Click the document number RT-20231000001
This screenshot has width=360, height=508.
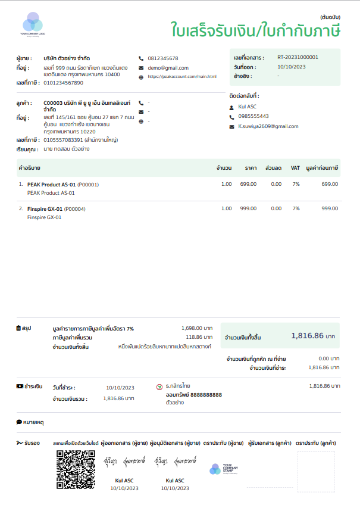[x=298, y=57]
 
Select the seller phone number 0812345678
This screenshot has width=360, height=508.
[x=163, y=58]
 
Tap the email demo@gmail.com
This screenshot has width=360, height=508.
[x=168, y=68]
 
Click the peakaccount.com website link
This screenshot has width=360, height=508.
[x=181, y=77]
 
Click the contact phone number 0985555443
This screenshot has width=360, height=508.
[x=253, y=116]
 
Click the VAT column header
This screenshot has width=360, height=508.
[x=295, y=168]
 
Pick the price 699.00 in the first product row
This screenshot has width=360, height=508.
[x=248, y=185]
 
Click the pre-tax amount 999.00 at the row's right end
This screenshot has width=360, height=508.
[x=330, y=209]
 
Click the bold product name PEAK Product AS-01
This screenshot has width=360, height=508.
[x=51, y=185]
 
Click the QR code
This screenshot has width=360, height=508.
[x=76, y=470]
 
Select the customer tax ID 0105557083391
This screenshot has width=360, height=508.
[x=63, y=140]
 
